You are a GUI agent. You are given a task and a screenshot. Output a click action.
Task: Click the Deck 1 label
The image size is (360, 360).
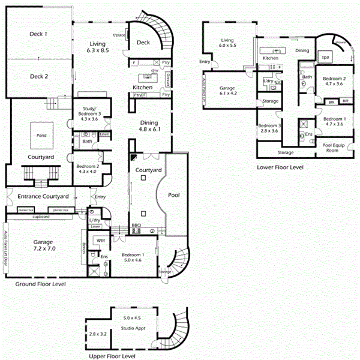[38, 34]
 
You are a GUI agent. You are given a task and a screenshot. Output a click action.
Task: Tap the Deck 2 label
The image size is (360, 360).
[38, 76]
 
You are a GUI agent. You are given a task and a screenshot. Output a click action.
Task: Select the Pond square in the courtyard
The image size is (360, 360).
[41, 136]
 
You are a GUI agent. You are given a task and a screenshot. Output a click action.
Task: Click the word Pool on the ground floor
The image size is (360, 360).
[174, 195]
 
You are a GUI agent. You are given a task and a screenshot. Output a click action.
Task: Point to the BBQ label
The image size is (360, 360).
[135, 227]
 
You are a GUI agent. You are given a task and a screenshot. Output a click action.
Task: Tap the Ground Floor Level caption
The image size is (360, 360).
[41, 284]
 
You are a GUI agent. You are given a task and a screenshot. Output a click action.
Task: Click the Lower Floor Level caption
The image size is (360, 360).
[280, 167]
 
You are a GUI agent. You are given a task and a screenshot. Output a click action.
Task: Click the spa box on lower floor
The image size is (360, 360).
[326, 57]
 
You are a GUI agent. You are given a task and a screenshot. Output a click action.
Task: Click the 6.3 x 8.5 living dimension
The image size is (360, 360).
[97, 51]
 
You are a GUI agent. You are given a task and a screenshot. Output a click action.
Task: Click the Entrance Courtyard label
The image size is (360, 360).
[43, 196]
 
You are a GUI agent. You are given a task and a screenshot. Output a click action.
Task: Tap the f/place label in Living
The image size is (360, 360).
[119, 35]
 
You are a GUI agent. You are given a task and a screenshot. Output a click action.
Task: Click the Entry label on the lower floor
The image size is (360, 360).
[206, 61]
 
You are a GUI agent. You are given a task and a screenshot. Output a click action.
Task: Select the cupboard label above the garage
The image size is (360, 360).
[41, 216]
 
